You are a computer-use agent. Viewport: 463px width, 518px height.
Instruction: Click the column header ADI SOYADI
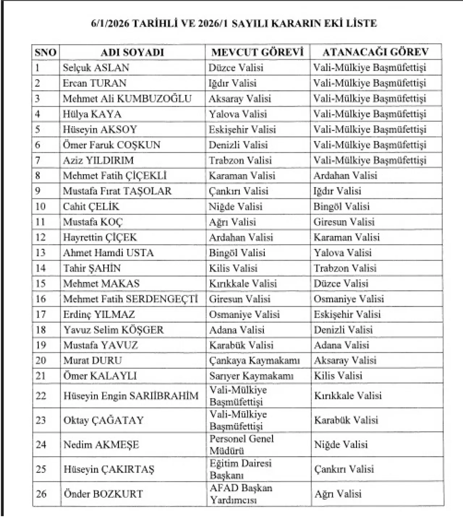(132, 52)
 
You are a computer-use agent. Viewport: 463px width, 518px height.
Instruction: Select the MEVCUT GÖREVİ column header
(257, 52)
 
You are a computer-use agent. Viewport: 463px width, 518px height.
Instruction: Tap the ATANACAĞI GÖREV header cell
(375, 52)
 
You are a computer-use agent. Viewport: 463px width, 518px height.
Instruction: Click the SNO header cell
(46, 52)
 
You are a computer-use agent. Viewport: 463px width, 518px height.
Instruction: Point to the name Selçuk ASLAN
(96, 68)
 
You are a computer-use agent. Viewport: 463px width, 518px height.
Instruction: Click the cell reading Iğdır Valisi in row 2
(233, 83)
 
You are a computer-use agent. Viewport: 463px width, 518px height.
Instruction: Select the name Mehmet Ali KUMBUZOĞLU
(127, 99)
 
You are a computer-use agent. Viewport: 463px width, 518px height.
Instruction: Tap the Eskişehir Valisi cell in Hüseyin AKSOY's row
(242, 129)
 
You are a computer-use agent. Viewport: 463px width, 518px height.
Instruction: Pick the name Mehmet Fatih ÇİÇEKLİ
(115, 176)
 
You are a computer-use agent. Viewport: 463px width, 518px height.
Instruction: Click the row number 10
(40, 207)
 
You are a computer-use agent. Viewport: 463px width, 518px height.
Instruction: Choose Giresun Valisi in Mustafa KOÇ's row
(344, 222)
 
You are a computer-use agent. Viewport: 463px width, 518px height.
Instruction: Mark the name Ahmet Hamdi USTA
(109, 253)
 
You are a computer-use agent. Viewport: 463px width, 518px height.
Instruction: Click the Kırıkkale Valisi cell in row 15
(243, 284)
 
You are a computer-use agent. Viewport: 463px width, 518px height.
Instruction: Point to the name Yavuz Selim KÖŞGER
(114, 330)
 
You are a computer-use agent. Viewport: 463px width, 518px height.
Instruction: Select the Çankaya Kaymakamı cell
(254, 361)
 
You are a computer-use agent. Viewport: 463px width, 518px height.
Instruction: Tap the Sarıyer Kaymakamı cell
(251, 376)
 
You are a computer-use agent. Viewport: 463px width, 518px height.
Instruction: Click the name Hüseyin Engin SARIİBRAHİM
(131, 396)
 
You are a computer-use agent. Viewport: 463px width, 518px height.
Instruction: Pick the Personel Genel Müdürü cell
(241, 445)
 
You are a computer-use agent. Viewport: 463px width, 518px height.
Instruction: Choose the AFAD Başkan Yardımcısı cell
(241, 494)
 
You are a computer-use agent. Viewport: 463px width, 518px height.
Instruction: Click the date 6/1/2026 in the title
(110, 24)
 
